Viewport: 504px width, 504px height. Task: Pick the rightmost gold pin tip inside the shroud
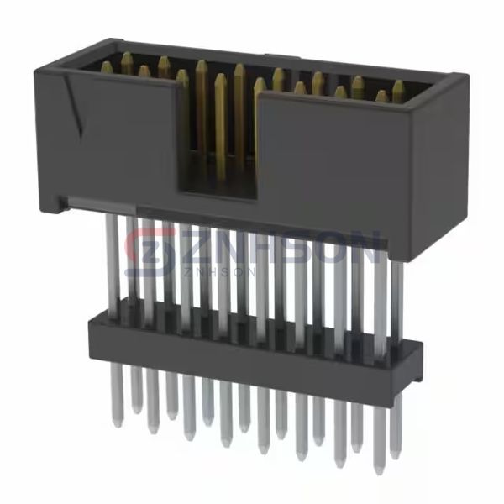click(x=397, y=86)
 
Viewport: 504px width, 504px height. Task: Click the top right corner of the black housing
click(x=461, y=78)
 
